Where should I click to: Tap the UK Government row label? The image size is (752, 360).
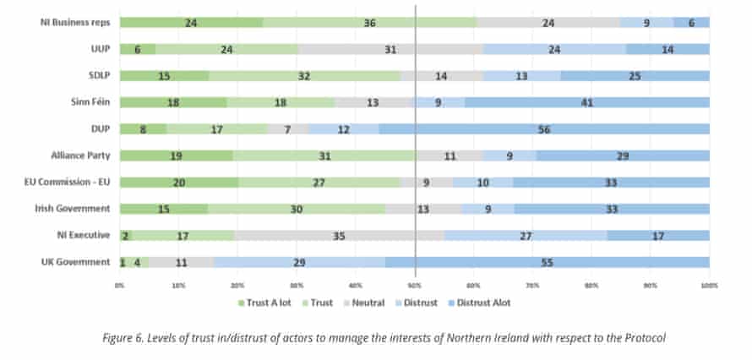tap(75, 262)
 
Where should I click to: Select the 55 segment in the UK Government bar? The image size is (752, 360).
tap(547, 263)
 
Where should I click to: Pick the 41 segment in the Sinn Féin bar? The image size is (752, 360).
tap(586, 102)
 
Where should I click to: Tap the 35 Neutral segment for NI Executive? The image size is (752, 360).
tap(339, 236)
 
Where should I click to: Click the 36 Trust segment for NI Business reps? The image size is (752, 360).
tap(369, 23)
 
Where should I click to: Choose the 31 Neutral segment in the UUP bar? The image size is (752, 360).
tap(390, 49)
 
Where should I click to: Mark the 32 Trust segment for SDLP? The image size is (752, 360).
tap(304, 76)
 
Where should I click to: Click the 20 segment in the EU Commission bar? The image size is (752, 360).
tap(178, 183)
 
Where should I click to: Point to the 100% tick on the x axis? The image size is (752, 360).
tap(708, 286)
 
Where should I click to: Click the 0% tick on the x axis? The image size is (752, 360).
tap(120, 286)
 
